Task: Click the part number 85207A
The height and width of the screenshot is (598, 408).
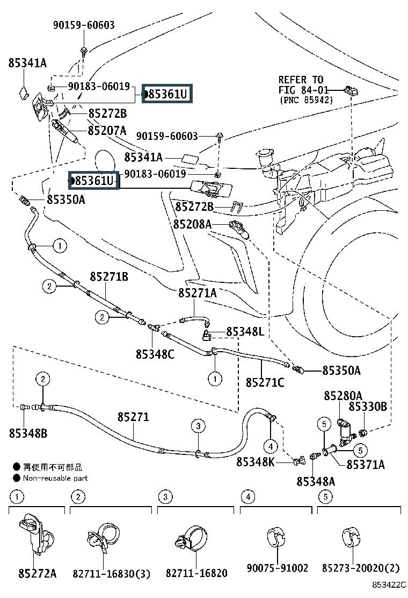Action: click(x=107, y=130)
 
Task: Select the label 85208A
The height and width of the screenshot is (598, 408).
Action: click(x=192, y=224)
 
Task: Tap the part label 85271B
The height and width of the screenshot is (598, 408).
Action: click(x=108, y=276)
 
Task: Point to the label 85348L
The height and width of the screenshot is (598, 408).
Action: click(x=245, y=332)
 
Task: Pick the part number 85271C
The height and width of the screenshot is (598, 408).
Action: click(x=265, y=382)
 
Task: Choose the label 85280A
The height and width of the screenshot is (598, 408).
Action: click(x=343, y=396)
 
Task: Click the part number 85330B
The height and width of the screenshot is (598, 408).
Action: click(x=368, y=407)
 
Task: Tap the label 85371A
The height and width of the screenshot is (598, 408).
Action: click(x=366, y=465)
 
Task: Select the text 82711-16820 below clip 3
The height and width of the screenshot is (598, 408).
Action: click(x=197, y=573)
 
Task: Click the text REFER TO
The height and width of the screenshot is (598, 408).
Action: click(x=301, y=80)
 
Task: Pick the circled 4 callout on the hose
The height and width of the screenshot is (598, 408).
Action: click(x=270, y=445)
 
